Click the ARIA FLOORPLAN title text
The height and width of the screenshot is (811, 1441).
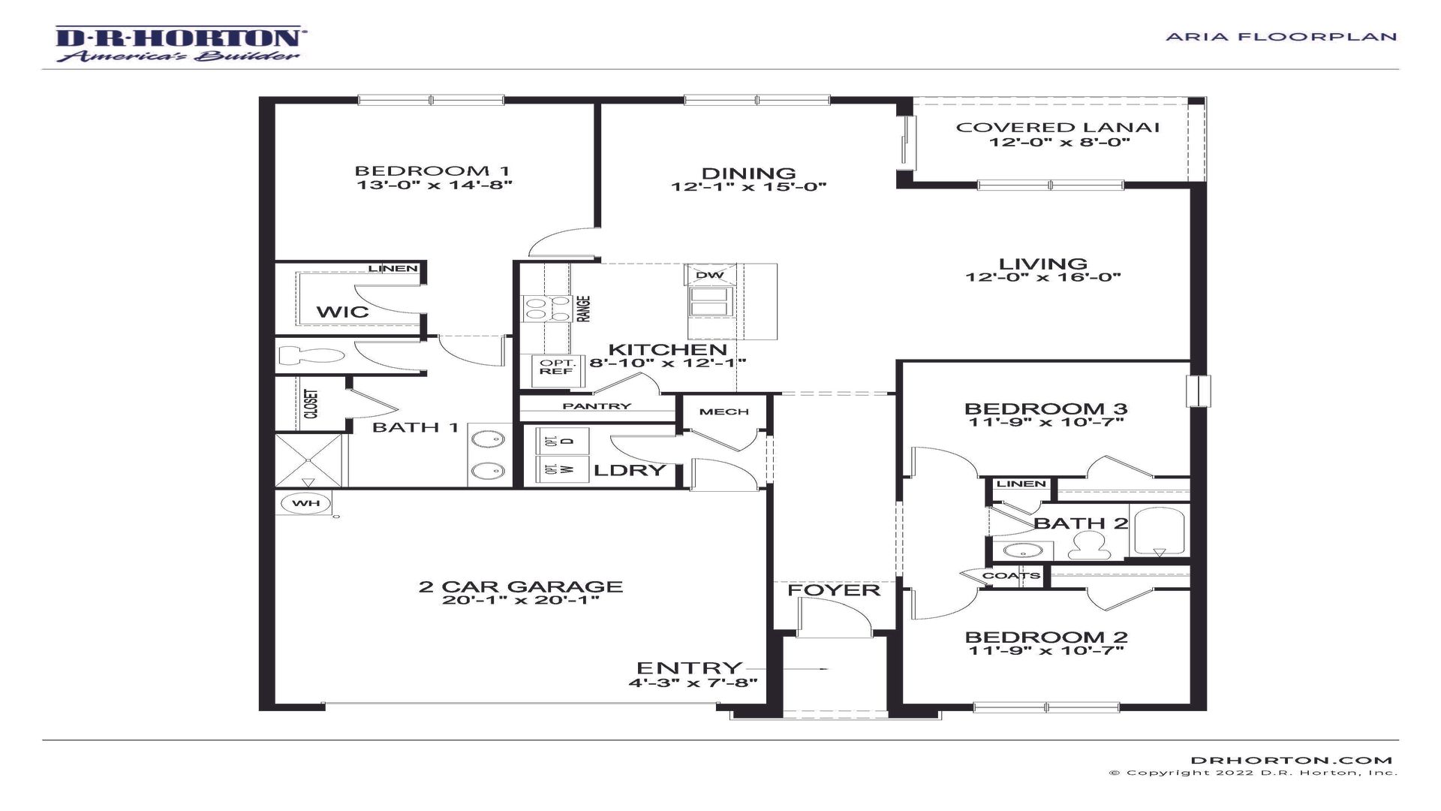point(1281,36)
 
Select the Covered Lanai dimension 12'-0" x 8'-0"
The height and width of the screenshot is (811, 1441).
point(1058,143)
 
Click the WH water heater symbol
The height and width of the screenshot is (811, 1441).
point(305,503)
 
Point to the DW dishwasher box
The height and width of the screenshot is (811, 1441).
point(709,275)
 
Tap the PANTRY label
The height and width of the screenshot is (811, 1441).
point(597,406)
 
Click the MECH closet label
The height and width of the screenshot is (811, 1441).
point(724,412)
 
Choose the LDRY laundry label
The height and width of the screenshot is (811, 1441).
point(630,471)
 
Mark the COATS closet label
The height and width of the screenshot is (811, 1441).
point(1010,576)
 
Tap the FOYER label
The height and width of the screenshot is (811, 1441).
point(833,590)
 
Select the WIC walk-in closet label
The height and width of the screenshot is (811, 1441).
point(343,312)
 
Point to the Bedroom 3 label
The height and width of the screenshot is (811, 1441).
point(1045,409)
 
